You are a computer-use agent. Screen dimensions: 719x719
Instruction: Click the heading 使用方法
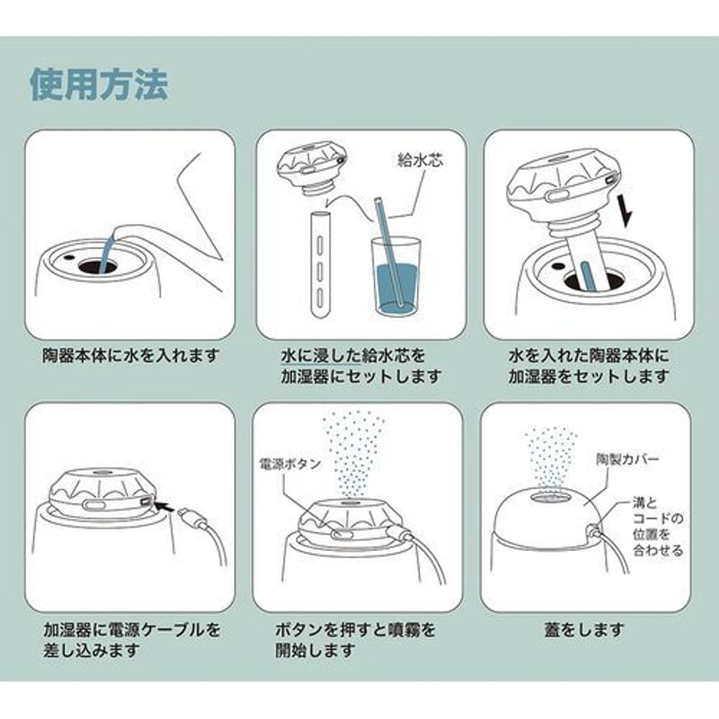pos(99,84)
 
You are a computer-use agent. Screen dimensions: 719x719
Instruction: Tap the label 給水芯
pos(420,160)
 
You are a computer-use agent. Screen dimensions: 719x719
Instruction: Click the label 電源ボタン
pos(289,464)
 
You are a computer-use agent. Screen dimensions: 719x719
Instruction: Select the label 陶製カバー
pos(627,459)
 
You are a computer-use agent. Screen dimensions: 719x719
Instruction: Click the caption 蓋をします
pos(585,630)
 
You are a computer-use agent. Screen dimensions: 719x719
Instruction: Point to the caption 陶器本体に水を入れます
pos(130,355)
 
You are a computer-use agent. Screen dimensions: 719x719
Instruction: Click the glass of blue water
pos(395,276)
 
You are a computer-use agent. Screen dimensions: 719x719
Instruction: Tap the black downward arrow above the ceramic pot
pos(626,210)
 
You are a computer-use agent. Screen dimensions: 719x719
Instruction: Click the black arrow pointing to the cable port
pos(164,506)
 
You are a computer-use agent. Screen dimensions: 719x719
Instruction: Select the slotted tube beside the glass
pos(320,265)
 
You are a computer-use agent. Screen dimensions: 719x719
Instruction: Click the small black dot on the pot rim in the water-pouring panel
pos(69,258)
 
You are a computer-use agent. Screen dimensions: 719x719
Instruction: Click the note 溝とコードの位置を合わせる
pos(658,527)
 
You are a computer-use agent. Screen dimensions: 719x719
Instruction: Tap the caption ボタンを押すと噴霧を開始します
pos(355,640)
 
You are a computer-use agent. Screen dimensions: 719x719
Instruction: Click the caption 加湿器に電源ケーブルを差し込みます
pos(132,640)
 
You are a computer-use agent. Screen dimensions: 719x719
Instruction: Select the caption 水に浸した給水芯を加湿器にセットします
pos(361,366)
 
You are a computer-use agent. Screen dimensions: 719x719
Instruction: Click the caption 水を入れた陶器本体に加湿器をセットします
pos(589,366)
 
